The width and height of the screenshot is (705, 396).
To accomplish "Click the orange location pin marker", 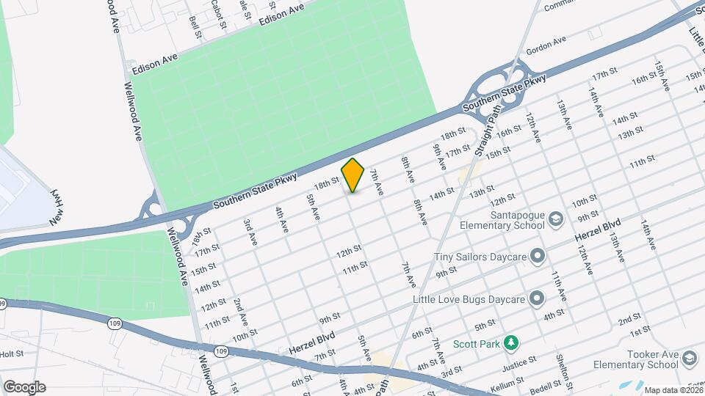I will click(353, 175).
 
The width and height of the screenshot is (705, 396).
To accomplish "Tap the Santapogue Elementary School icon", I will click(557, 220).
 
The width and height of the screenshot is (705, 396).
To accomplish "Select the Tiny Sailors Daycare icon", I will click(538, 256).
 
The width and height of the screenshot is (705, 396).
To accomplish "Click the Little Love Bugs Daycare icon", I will click(538, 298).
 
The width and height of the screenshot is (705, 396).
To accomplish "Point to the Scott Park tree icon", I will click(516, 342).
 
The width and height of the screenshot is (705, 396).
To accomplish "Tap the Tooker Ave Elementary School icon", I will click(689, 358).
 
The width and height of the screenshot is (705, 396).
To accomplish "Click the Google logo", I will click(24, 387).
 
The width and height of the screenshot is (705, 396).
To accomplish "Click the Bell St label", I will click(195, 23).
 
